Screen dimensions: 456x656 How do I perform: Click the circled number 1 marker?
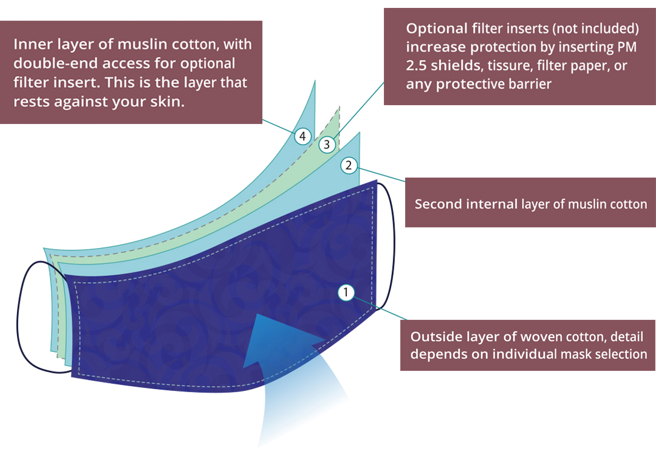tap(346, 292)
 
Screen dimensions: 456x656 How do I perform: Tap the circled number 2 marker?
tap(348, 165)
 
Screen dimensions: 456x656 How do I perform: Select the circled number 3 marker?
tap(327, 145)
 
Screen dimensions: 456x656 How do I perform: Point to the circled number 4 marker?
tap(302, 137)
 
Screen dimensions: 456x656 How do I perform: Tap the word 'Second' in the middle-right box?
tap(437, 204)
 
